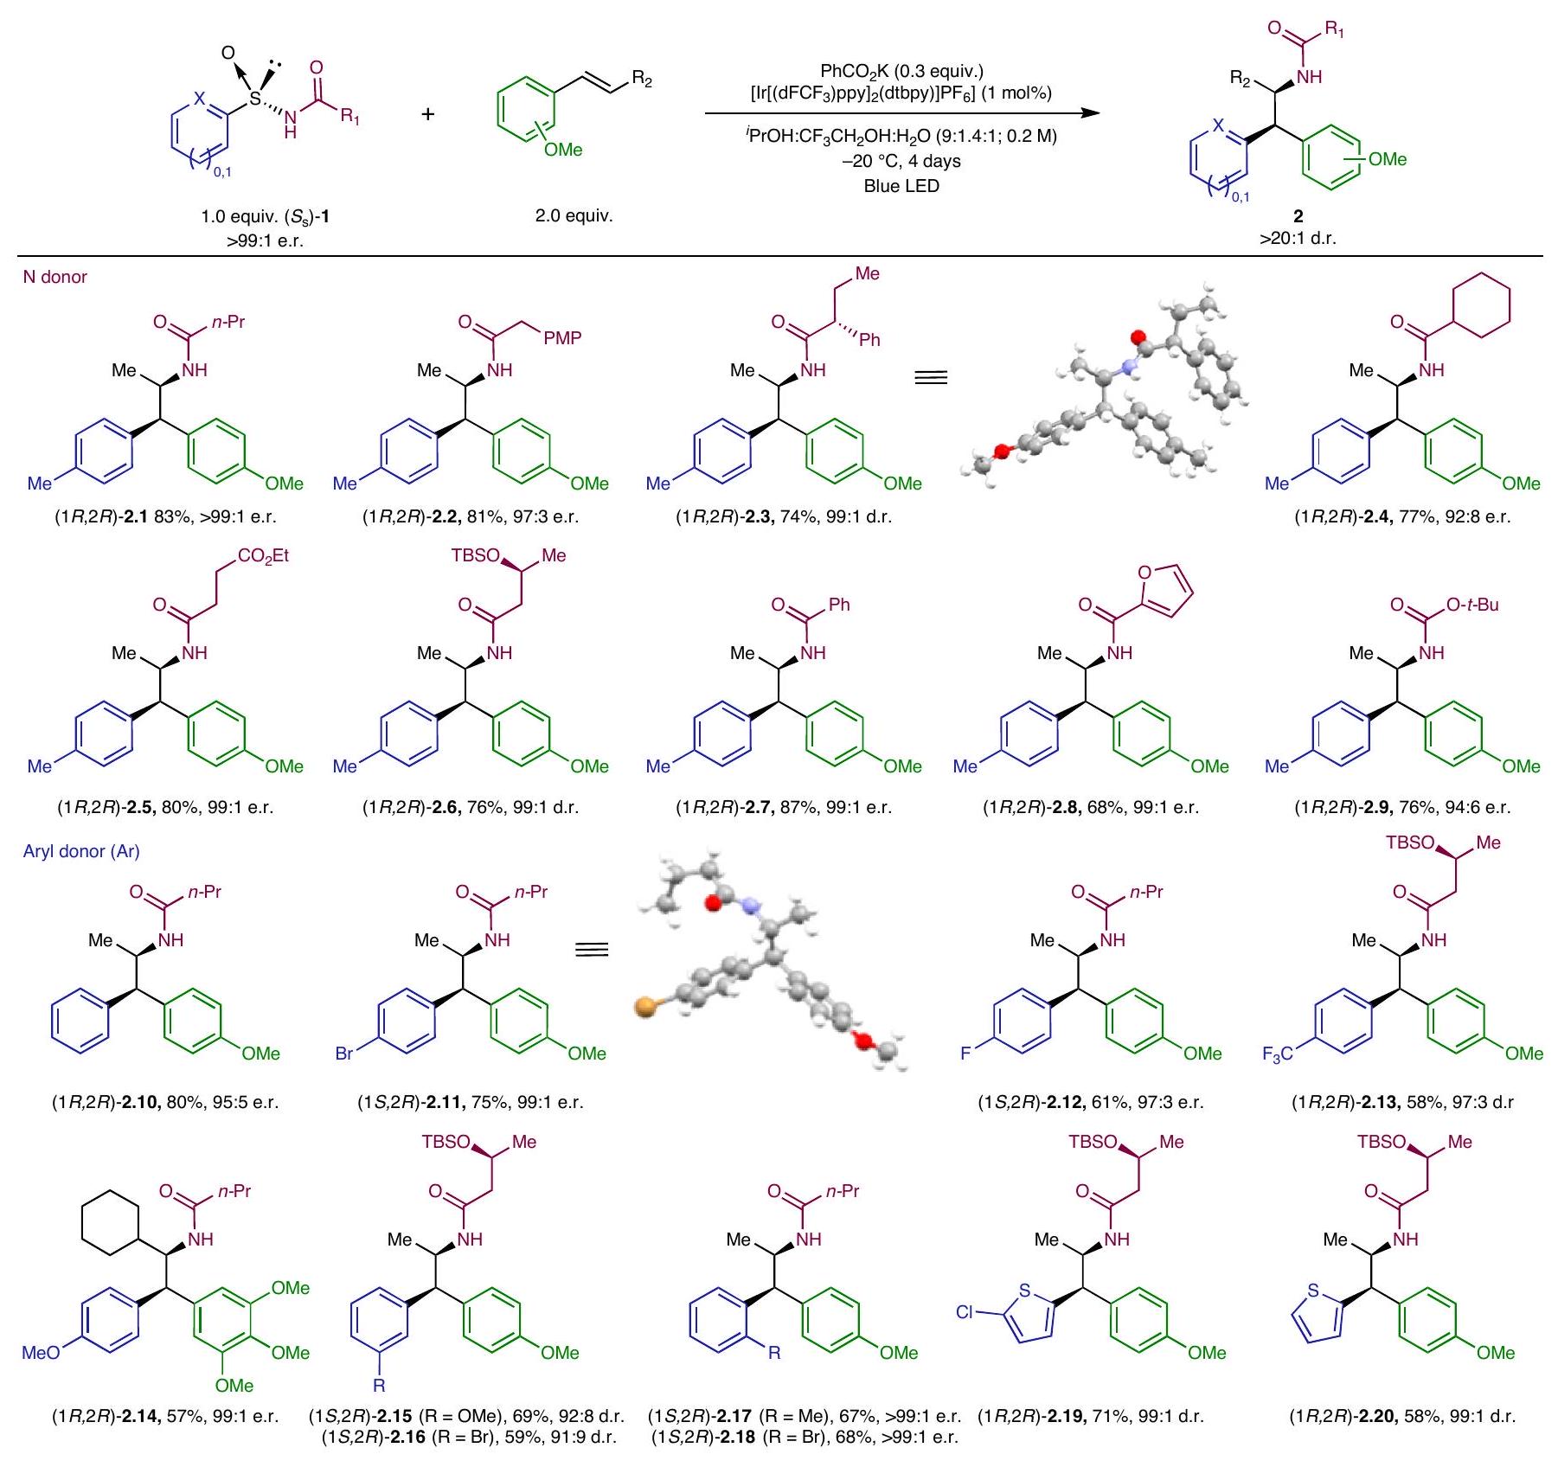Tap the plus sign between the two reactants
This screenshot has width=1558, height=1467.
click(428, 113)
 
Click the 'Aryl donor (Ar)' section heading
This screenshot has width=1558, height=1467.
click(81, 851)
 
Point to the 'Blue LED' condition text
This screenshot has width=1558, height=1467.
click(901, 186)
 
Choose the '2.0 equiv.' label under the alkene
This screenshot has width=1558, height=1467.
click(574, 216)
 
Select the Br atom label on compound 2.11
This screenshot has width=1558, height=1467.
click(344, 1054)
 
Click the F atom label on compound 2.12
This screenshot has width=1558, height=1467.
click(967, 1054)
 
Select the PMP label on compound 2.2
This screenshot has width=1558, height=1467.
click(562, 337)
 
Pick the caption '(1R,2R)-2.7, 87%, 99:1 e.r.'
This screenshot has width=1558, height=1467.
click(783, 808)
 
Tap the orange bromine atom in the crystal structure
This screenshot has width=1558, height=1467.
click(644, 1007)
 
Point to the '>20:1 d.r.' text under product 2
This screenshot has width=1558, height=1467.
click(1298, 238)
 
